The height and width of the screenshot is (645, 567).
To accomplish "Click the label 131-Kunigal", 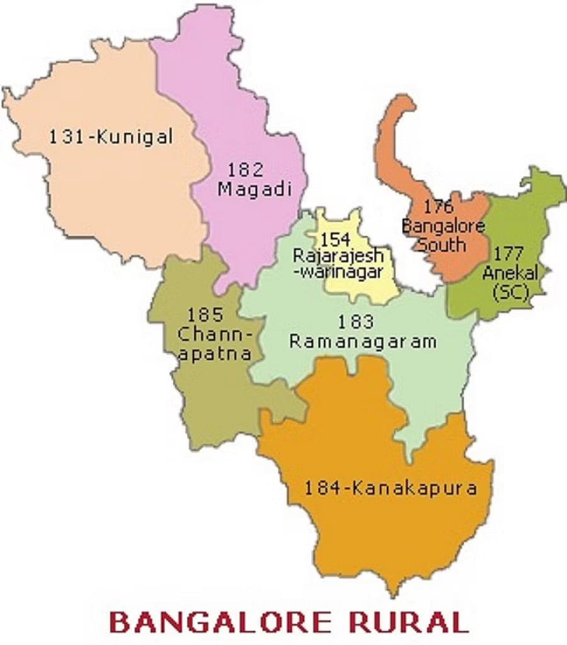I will pyautogui.click(x=111, y=136).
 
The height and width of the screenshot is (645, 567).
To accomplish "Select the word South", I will pyautogui.click(x=442, y=243).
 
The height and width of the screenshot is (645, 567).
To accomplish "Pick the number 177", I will pyautogui.click(x=508, y=254).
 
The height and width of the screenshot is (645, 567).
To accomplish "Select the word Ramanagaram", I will pyautogui.click(x=363, y=342).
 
